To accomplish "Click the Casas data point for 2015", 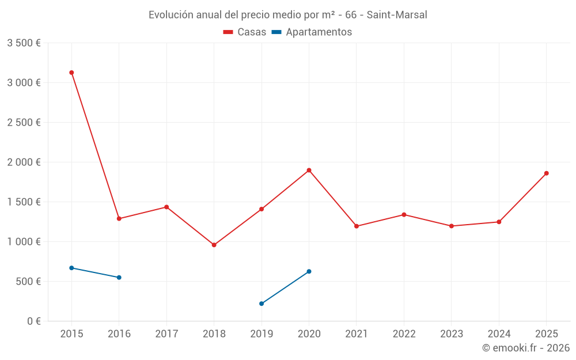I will click(x=71, y=73).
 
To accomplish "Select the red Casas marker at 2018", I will click(x=214, y=245).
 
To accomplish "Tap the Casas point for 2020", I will click(x=309, y=170).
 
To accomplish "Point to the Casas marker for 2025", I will click(x=546, y=173).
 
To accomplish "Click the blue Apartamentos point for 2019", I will click(x=262, y=304).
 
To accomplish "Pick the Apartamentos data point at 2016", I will click(x=119, y=278).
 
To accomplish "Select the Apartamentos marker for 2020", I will click(x=309, y=271).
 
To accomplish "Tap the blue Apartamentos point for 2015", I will click(x=71, y=268).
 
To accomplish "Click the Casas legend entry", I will click(x=245, y=32).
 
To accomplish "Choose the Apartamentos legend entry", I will click(x=312, y=32).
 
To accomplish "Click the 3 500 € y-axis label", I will click(x=24, y=43).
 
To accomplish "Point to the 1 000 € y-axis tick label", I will click(x=24, y=242).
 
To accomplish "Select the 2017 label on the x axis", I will click(x=166, y=334).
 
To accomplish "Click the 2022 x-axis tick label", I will click(x=404, y=334).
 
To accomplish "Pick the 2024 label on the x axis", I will click(x=499, y=334).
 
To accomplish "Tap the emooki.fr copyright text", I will click(x=525, y=348).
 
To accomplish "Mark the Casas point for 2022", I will click(x=404, y=215).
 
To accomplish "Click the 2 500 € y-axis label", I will click(x=24, y=123).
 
